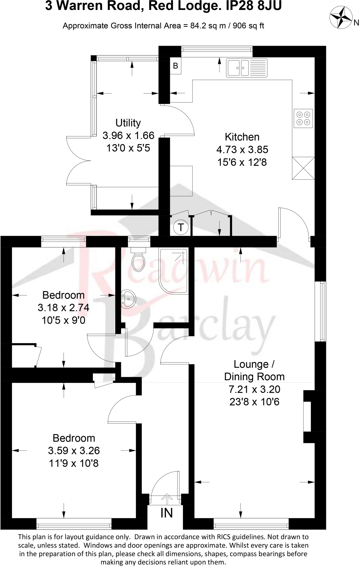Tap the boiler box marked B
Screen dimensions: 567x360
pyautogui.click(x=175, y=66)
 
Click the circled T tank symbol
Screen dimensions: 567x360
pyautogui.click(x=181, y=227)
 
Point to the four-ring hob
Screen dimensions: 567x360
pyautogui.click(x=303, y=118)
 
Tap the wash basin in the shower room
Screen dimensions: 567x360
pyautogui.click(x=128, y=299)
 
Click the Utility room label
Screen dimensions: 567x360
pyautogui.click(x=128, y=123)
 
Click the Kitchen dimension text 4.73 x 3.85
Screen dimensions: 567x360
pyautogui.click(x=242, y=150)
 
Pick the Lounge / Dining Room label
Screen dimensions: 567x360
pyautogui.click(x=254, y=370)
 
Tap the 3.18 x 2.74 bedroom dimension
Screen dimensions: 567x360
pyautogui.click(x=63, y=308)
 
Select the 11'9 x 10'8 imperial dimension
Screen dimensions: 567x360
pyautogui.click(x=74, y=463)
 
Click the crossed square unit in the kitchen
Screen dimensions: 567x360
pyautogui.click(x=303, y=168)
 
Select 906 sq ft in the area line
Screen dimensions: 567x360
pyautogui.click(x=248, y=26)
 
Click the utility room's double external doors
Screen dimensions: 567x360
pyautogui.click(x=79, y=161)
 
